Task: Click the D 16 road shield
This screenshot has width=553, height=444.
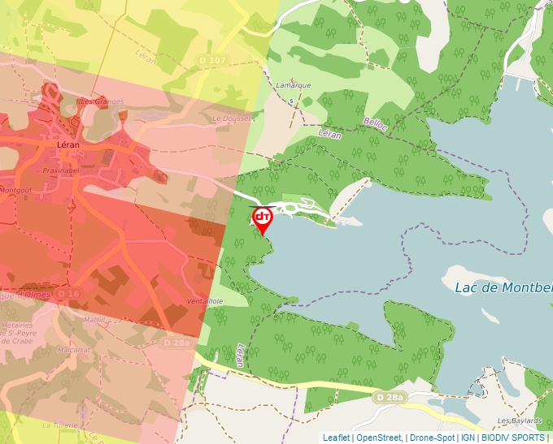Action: pos(70,293)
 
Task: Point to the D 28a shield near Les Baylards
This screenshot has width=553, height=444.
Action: pos(390,397)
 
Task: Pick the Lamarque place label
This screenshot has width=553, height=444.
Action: pos(294,85)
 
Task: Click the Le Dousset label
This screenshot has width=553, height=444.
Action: pos(231,119)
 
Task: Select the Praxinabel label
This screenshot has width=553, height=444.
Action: pos(61,171)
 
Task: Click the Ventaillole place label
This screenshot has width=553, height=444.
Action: pos(205,300)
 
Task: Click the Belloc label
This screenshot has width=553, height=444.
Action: pos(375,123)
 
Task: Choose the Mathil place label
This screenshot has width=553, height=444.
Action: pos(95,320)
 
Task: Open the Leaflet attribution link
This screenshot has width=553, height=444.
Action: pos(337,438)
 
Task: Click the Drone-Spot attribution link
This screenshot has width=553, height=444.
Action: pos(432,438)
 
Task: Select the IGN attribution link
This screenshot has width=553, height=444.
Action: pos(468,438)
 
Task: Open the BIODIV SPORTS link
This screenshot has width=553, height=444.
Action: pos(513,438)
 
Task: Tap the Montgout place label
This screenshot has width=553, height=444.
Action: pos(15,189)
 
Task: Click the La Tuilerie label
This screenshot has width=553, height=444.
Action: pos(59,425)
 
